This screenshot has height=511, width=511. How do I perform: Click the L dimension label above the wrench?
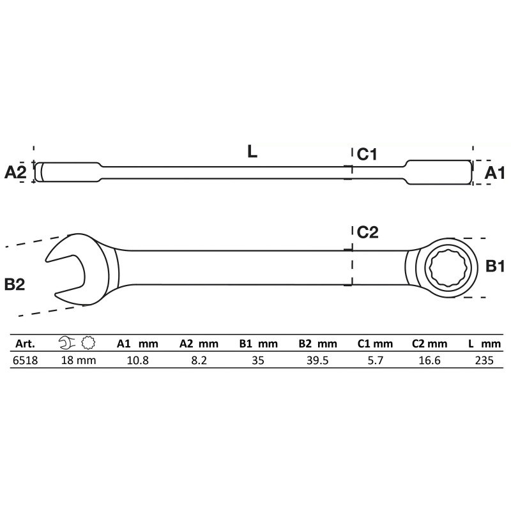pos(252,151)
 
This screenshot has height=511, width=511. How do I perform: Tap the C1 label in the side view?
pos(367,155)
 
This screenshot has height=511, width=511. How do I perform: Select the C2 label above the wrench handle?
pos(368,233)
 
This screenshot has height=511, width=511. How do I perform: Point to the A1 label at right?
pos(494,173)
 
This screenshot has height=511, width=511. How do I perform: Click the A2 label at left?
pos(15,172)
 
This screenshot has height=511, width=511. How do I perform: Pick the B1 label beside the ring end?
pos(494,266)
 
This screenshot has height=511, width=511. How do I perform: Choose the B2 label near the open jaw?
pos(15,284)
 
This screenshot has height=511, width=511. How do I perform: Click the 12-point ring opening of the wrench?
pos(450,268)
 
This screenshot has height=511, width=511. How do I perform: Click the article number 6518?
pos(25,360)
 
